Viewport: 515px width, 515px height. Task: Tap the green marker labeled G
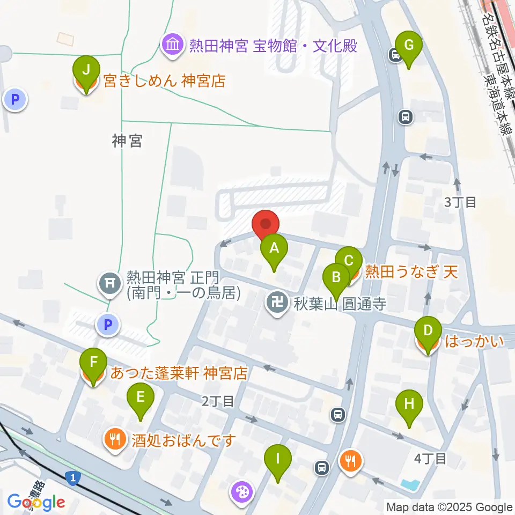tap(409, 45)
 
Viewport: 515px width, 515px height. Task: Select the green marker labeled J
tap(86, 69)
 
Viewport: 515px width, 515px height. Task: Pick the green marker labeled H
tap(409, 403)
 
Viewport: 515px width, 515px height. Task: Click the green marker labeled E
tap(141, 398)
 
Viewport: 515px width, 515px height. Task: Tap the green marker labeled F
tap(93, 362)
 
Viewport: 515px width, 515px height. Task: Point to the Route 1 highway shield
tap(71, 476)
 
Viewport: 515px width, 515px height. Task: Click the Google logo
tap(36, 502)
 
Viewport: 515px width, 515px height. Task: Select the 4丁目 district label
tap(430, 459)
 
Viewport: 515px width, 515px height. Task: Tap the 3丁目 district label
tap(460, 202)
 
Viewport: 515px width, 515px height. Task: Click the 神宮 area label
tap(127, 141)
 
